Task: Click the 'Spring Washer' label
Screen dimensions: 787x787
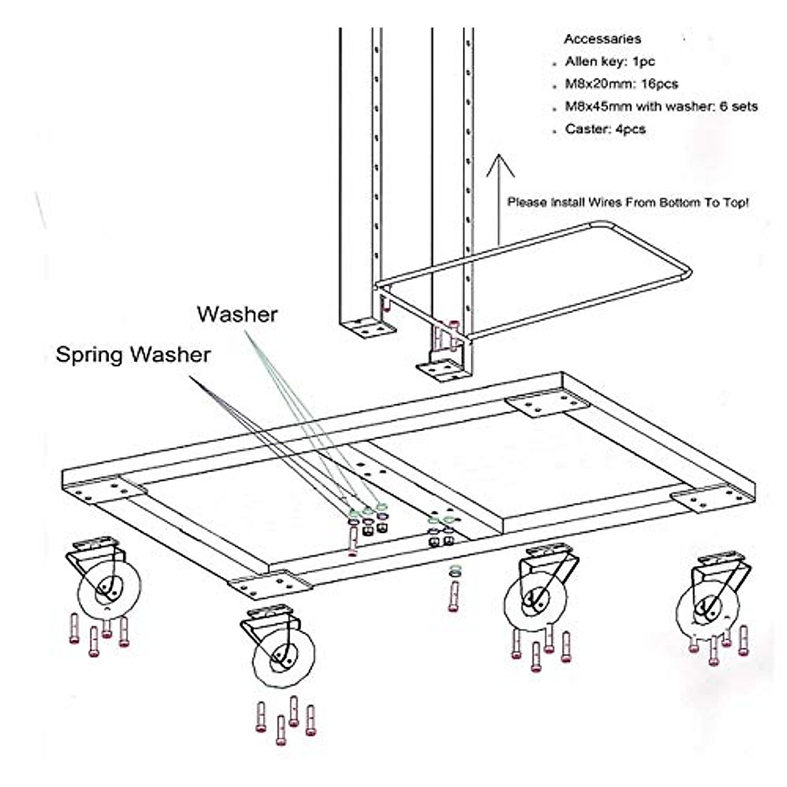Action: (x=133, y=355)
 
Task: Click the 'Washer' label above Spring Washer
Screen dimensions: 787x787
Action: (x=237, y=314)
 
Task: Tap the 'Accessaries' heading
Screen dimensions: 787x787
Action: (x=602, y=39)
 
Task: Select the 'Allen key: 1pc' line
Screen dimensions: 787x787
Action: (x=610, y=62)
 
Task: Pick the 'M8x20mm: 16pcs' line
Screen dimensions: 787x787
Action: (x=621, y=84)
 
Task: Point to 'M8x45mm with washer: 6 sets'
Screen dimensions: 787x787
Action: (x=661, y=106)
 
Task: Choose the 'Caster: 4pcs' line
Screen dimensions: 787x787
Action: (x=605, y=129)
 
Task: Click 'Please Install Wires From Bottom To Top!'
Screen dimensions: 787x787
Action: (x=628, y=203)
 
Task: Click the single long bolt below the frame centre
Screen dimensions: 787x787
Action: (x=453, y=594)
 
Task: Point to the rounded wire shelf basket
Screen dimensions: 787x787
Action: (x=531, y=282)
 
